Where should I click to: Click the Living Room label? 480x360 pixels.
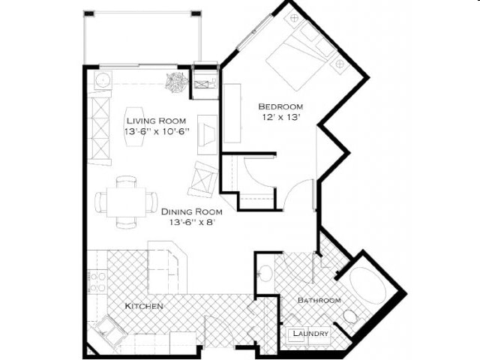156,120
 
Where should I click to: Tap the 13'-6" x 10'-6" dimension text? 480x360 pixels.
156,131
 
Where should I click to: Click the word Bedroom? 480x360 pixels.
280,106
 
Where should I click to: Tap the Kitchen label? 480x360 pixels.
144,306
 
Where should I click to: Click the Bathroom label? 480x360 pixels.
319,300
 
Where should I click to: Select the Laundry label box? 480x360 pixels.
310,334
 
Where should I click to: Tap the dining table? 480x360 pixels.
126,202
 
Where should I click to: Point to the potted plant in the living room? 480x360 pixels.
178,81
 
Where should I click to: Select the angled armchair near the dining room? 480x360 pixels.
203,178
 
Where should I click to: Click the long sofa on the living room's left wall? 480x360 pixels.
100,127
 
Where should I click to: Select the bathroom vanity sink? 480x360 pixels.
264,272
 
